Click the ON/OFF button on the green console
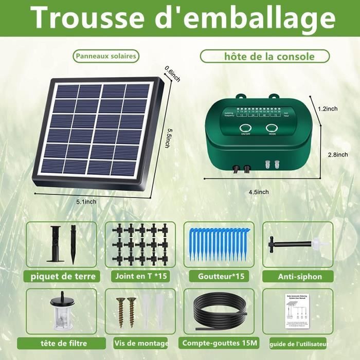tap(245, 129)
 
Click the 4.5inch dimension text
tap(258, 191)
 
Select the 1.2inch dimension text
tap(327, 109)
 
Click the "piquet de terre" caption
tap(63, 276)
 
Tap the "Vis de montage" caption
tap(140, 343)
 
